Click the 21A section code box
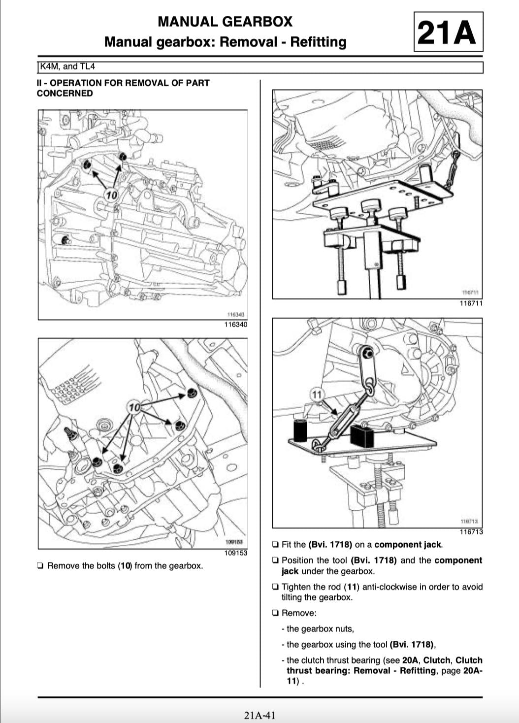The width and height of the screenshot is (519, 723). click(448, 33)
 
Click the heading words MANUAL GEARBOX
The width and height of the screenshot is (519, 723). click(225, 22)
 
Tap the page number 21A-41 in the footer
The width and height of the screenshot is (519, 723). click(259, 715)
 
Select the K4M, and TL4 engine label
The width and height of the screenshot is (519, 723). click(67, 66)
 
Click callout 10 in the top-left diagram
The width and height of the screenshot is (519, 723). click(112, 195)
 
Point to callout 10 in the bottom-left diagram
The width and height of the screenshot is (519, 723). click(134, 407)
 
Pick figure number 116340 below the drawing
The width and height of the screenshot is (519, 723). click(235, 325)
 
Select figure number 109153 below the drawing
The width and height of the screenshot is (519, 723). click(235, 553)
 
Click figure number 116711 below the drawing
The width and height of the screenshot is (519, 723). click(471, 303)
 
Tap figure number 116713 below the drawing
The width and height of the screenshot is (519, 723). click(471, 532)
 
